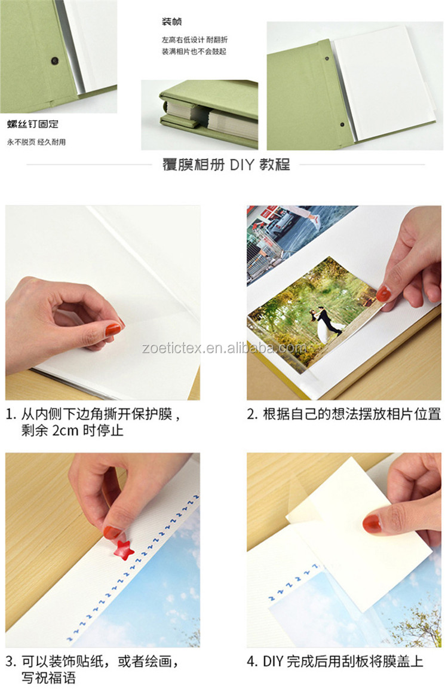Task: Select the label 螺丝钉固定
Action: [33, 125]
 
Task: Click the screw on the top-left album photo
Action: [55, 60]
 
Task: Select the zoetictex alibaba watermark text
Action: [224, 348]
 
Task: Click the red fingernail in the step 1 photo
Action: [112, 328]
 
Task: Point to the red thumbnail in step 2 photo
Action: [383, 294]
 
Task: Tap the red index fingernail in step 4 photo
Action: [372, 524]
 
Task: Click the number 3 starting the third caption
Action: [10, 662]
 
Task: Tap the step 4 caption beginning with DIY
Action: [335, 662]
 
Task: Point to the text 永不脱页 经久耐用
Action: [36, 142]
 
